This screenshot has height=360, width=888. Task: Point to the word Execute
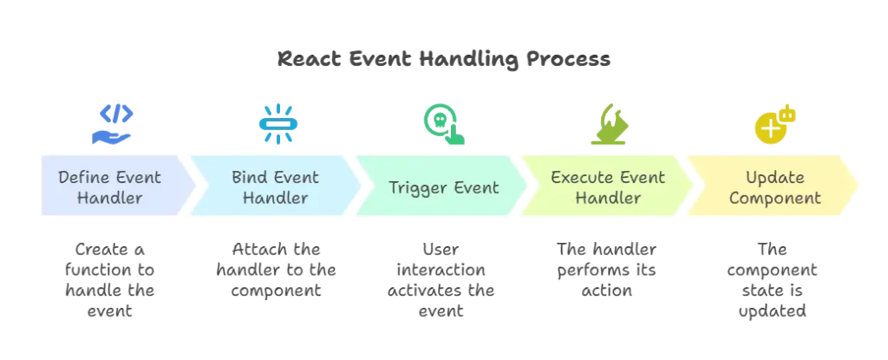584,178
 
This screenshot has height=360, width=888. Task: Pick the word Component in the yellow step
774,198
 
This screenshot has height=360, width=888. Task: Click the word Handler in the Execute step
608,198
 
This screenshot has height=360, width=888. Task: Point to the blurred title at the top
444,62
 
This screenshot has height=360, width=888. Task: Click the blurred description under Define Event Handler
109,276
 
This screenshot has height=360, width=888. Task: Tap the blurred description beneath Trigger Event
442,276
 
